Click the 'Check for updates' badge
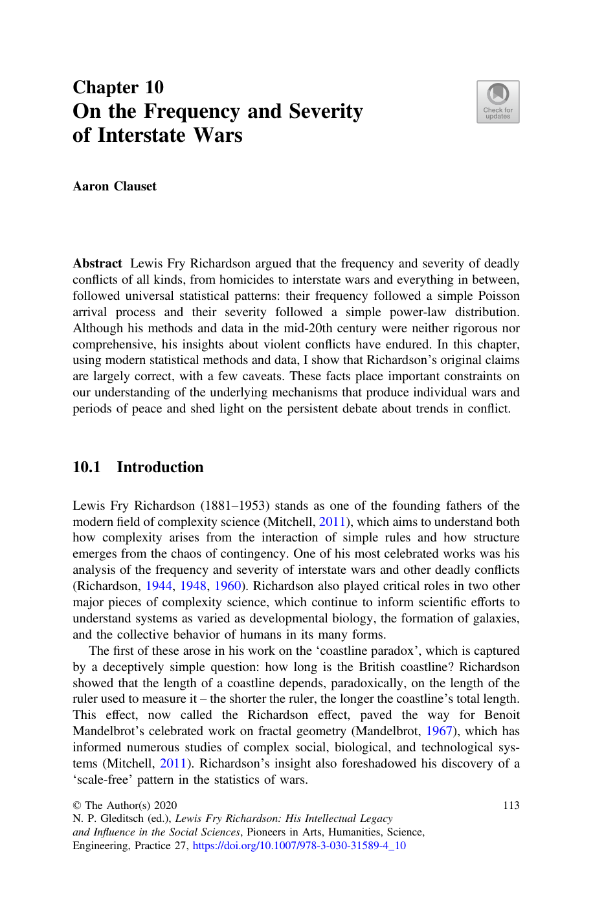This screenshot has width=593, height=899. (x=498, y=102)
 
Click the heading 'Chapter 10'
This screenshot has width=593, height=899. (x=118, y=87)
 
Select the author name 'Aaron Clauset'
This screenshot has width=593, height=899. (x=115, y=187)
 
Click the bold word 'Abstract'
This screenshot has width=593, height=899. (x=97, y=264)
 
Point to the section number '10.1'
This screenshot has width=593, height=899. (x=86, y=467)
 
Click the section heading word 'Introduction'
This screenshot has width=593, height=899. (x=160, y=467)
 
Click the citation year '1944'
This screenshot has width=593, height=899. (x=159, y=586)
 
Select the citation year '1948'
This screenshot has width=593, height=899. (x=193, y=586)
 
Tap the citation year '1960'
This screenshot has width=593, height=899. (x=227, y=586)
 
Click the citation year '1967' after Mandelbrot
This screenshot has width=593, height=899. (x=439, y=731)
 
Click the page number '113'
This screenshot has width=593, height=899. (x=511, y=805)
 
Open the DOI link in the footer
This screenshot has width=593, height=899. (x=299, y=846)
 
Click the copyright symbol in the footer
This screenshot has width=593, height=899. (x=77, y=805)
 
